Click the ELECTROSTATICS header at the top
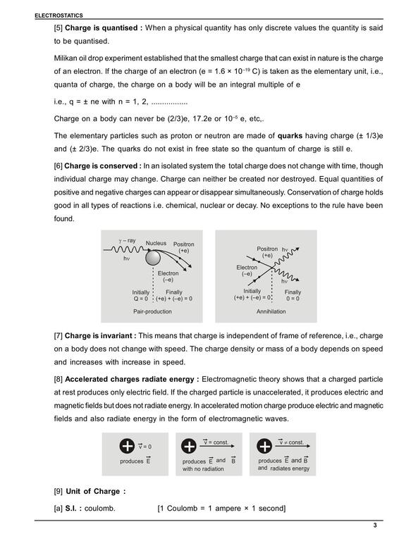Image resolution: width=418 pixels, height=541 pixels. [59, 15]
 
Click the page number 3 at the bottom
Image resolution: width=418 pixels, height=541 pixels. [375, 526]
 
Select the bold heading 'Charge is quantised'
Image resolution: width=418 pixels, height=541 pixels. [102, 28]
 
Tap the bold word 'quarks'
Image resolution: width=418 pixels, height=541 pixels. [290, 135]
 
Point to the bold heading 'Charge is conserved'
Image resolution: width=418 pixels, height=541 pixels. [101, 166]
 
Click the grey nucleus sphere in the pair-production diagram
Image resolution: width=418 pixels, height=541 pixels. [153, 258]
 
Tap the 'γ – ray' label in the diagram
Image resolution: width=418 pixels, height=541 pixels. [127, 240]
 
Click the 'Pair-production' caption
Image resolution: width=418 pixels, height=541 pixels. [152, 311]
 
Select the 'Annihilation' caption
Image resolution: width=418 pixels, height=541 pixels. [271, 311]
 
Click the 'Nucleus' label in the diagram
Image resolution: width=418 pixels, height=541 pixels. [156, 243]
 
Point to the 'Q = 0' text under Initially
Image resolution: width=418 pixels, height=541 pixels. [141, 299]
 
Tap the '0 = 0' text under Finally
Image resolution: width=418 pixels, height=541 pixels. [293, 299]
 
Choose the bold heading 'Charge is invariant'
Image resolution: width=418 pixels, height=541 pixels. [99, 336]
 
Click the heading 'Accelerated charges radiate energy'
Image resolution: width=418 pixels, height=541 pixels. [130, 379]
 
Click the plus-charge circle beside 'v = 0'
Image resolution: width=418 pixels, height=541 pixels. [127, 446]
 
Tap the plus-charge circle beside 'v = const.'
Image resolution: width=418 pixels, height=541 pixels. [189, 446]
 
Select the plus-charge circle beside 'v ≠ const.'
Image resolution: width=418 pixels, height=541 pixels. [264, 446]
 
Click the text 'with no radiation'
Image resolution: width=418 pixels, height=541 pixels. [203, 469]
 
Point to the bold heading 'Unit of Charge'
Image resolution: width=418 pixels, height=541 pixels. [92, 491]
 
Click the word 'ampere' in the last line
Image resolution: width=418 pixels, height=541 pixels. [228, 509]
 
